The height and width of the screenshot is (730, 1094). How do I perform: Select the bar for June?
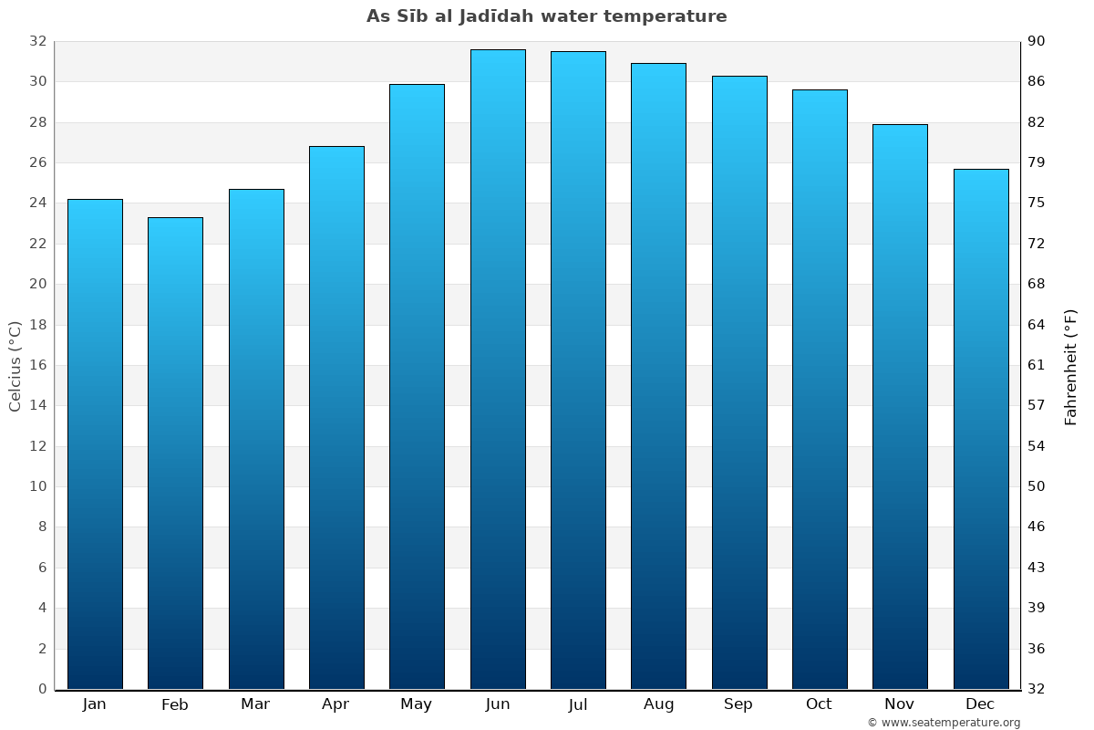[x=498, y=370]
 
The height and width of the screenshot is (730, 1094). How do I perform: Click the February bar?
[x=175, y=454]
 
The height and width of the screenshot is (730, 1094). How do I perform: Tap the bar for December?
[x=981, y=429]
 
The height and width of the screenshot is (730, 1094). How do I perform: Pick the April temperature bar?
[x=336, y=418]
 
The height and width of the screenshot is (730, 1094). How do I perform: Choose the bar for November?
[x=900, y=407]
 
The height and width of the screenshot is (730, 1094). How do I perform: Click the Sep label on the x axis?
[x=738, y=704]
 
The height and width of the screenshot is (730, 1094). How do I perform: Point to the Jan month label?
[x=95, y=704]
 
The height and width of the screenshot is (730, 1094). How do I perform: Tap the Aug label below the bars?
[x=658, y=704]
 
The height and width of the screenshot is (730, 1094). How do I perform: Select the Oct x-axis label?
[x=819, y=704]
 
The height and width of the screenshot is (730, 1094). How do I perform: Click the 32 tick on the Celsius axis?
[x=37, y=42]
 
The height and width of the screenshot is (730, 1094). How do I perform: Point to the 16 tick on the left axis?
[x=37, y=365]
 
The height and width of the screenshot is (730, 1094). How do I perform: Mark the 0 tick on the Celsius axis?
[x=42, y=689]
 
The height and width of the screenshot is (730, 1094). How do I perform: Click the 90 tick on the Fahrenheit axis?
[x=1037, y=42]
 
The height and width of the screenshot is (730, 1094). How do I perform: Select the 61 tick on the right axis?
[x=1037, y=365]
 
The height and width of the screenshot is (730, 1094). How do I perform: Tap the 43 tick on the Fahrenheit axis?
[x=1037, y=568]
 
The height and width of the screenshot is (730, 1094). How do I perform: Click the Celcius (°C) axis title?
[x=15, y=366]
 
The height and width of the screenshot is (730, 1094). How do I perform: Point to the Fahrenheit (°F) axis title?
[x=1070, y=367]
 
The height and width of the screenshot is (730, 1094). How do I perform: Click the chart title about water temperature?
[x=547, y=16]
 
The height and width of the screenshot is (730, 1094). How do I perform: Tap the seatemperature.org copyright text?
[x=944, y=723]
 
